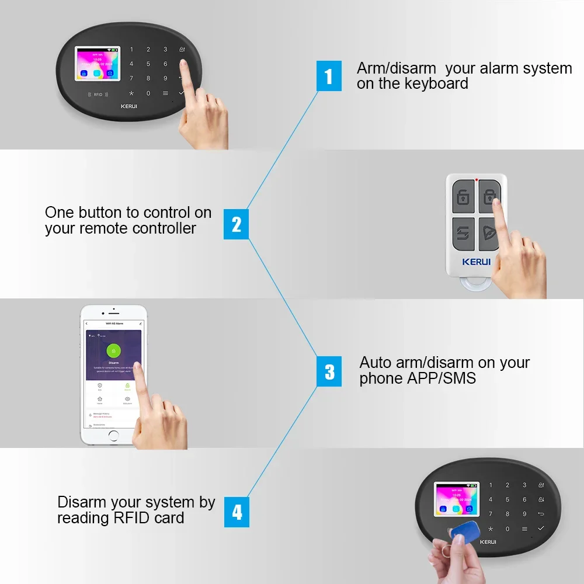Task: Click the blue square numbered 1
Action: pos(329,76)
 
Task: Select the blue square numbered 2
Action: pos(236,224)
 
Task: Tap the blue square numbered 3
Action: pos(329,371)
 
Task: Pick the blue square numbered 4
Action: pos(237,512)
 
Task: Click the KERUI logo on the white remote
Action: pos(477,262)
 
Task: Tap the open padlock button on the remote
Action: pos(463,197)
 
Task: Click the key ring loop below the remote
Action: pos(476,284)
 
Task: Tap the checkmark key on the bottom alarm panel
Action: pos(541,528)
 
